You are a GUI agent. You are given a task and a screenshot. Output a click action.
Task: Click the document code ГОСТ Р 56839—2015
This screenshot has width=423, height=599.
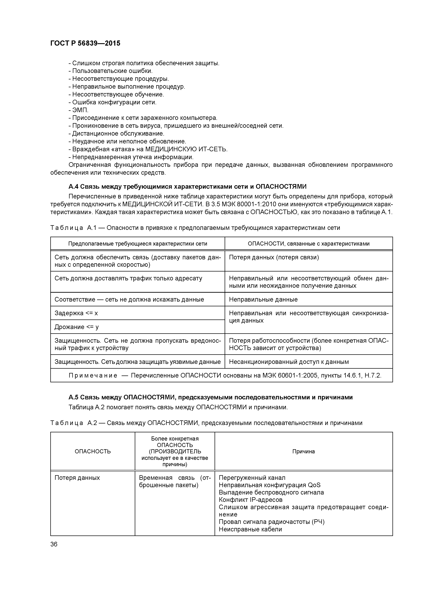coord(85,43)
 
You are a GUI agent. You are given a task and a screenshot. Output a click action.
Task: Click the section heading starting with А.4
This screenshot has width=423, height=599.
coord(187,186)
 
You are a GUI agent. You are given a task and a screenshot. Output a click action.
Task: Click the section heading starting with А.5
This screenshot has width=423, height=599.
coord(210,397)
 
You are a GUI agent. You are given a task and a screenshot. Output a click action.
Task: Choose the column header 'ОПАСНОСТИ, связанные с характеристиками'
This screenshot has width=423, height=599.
coord(309,244)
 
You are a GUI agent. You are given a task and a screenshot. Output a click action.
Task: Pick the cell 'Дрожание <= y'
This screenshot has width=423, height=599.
coord(77,327)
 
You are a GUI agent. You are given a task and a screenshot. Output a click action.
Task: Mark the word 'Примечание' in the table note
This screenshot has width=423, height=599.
coord(93,376)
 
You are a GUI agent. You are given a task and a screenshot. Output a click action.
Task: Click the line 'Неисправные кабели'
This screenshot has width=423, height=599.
coord(250,529)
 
